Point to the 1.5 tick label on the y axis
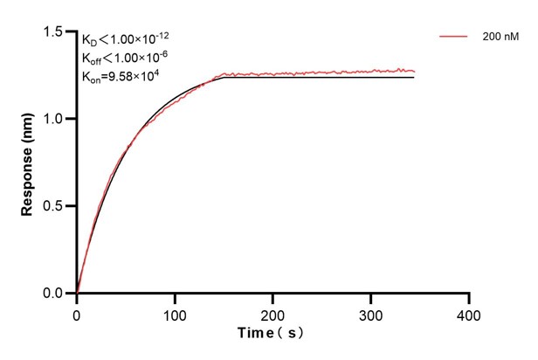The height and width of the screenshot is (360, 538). [55, 32]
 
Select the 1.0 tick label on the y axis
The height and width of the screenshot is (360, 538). [55, 119]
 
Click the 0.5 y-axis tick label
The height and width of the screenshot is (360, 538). [55, 206]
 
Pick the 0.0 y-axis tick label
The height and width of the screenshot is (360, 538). [55, 294]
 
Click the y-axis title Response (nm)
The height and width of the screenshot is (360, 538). [28, 163]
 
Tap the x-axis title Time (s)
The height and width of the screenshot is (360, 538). [272, 334]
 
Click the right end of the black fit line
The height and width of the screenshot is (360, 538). [414, 78]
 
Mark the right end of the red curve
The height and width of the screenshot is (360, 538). [414, 71]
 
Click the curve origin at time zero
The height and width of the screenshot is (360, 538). [77, 293]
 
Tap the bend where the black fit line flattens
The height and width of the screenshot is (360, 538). [224, 78]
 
